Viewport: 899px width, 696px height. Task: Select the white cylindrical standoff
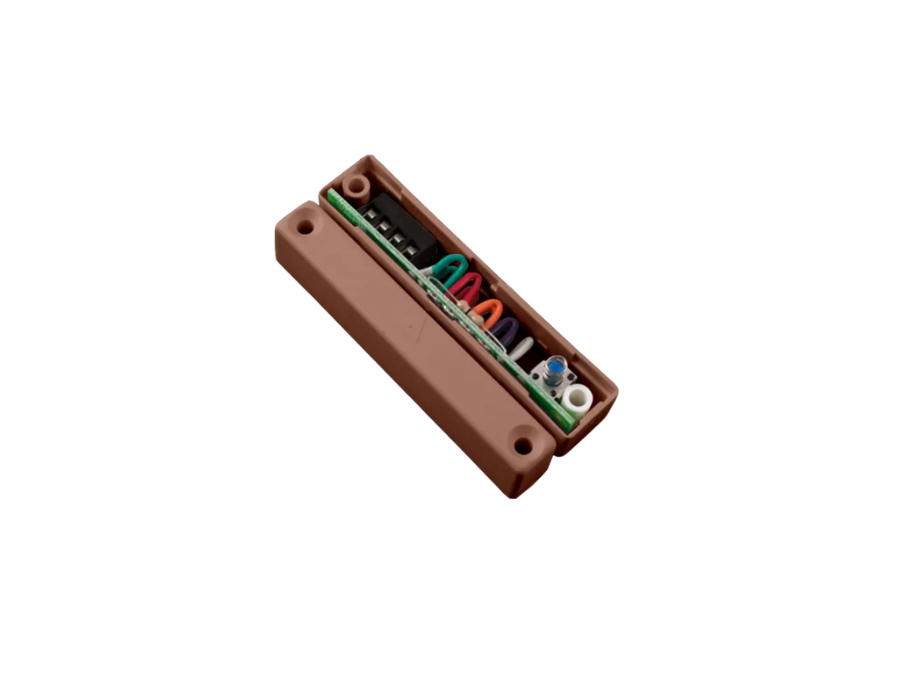[x=578, y=402]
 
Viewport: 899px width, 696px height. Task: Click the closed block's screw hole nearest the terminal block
[x=305, y=227]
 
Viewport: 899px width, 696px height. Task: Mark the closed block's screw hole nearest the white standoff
[x=523, y=446]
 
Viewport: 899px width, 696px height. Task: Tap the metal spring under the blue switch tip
[x=553, y=381]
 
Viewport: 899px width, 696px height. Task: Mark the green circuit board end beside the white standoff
[x=564, y=420]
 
